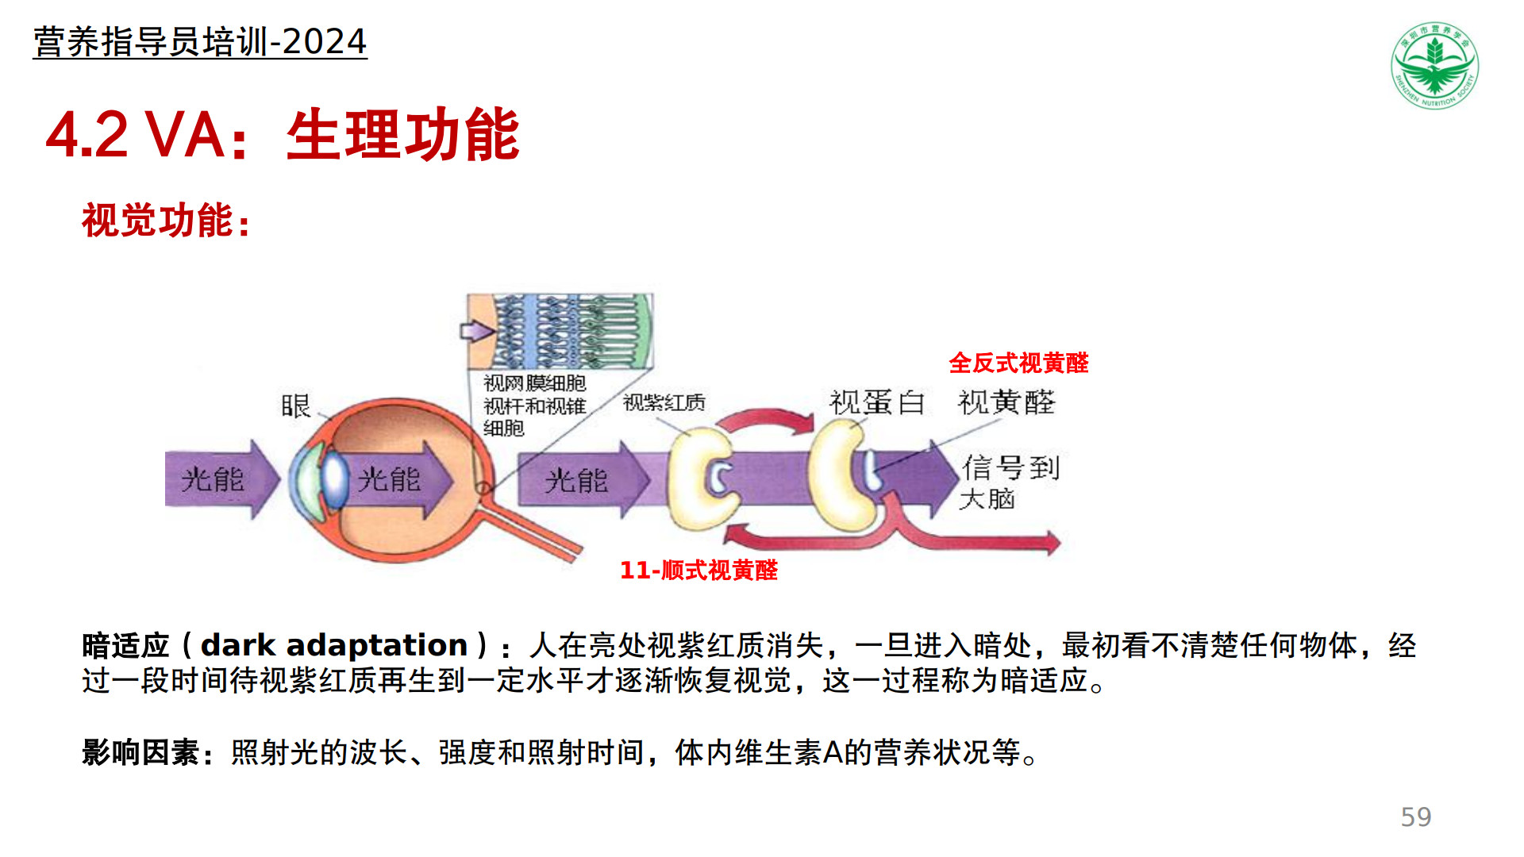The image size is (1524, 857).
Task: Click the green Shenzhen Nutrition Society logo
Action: pyautogui.click(x=1434, y=65)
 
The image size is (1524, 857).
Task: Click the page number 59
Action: pyautogui.click(x=1416, y=817)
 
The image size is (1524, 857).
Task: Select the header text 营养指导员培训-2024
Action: pyautogui.click(x=200, y=41)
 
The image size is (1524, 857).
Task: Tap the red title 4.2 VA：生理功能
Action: pyautogui.click(x=283, y=135)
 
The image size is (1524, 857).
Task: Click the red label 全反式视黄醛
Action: pyautogui.click(x=1018, y=363)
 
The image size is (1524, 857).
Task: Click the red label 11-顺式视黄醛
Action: pyautogui.click(x=698, y=570)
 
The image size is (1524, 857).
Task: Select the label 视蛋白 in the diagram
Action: pyautogui.click(x=877, y=402)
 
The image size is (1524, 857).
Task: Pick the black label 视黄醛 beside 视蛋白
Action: pyautogui.click(x=1006, y=402)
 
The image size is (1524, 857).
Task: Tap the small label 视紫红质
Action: pyautogui.click(x=664, y=402)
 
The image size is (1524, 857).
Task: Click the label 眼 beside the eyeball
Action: pyautogui.click(x=295, y=405)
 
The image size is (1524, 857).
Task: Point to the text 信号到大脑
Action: pyautogui.click(x=1009, y=482)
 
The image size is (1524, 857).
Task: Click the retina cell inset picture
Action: pyautogui.click(x=560, y=331)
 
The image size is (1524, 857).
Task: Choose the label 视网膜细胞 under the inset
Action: pyautogui.click(x=535, y=383)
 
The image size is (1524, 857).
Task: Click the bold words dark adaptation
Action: pyautogui.click(x=334, y=645)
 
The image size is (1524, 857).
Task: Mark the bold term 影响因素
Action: pyautogui.click(x=140, y=752)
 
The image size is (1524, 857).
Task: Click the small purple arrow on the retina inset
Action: pyautogui.click(x=478, y=330)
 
